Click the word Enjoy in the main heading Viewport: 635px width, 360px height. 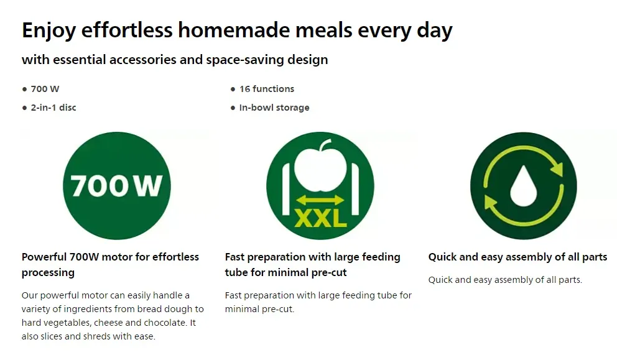(49, 30)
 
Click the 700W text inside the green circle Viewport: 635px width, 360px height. (117, 186)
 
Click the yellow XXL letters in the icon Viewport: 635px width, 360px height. (320, 219)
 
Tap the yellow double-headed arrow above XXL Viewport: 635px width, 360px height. (320, 200)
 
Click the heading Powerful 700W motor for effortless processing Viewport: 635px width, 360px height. (110, 264)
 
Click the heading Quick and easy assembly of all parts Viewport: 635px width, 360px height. (517, 257)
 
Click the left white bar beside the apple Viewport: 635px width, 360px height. (286, 189)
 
